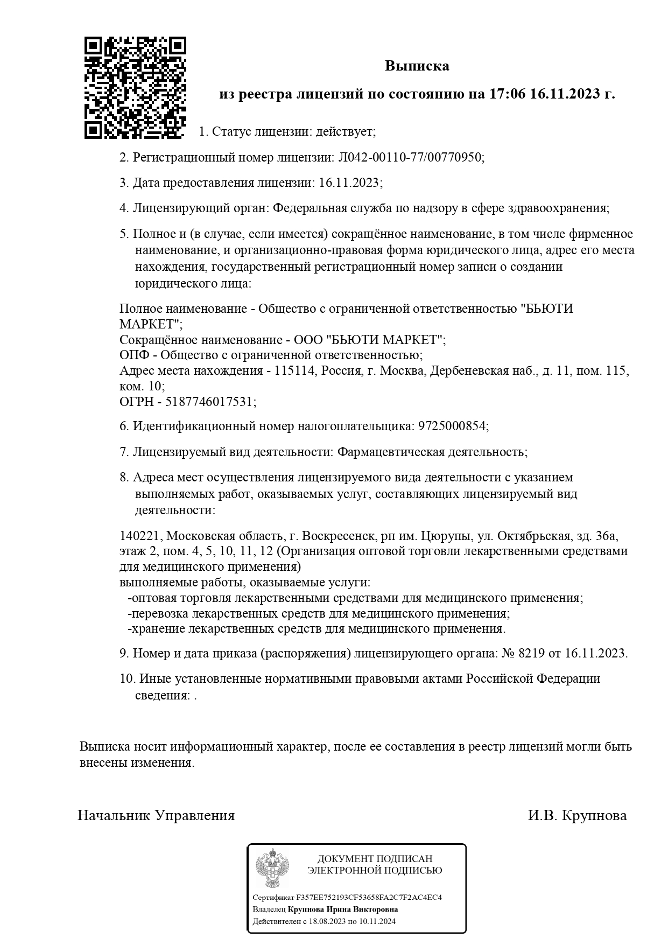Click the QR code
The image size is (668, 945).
click(136, 87)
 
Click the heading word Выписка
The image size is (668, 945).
click(417, 66)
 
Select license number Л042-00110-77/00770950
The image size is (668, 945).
click(411, 157)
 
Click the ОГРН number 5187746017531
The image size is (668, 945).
click(210, 402)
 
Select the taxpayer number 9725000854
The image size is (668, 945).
click(452, 426)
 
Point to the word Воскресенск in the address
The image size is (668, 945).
click(339, 536)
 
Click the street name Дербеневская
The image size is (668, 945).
click(469, 371)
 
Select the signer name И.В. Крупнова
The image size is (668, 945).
click(577, 815)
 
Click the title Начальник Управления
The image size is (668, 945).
click(156, 815)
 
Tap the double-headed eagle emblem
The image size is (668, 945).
click(272, 868)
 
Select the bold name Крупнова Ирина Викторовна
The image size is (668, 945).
click(343, 909)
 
